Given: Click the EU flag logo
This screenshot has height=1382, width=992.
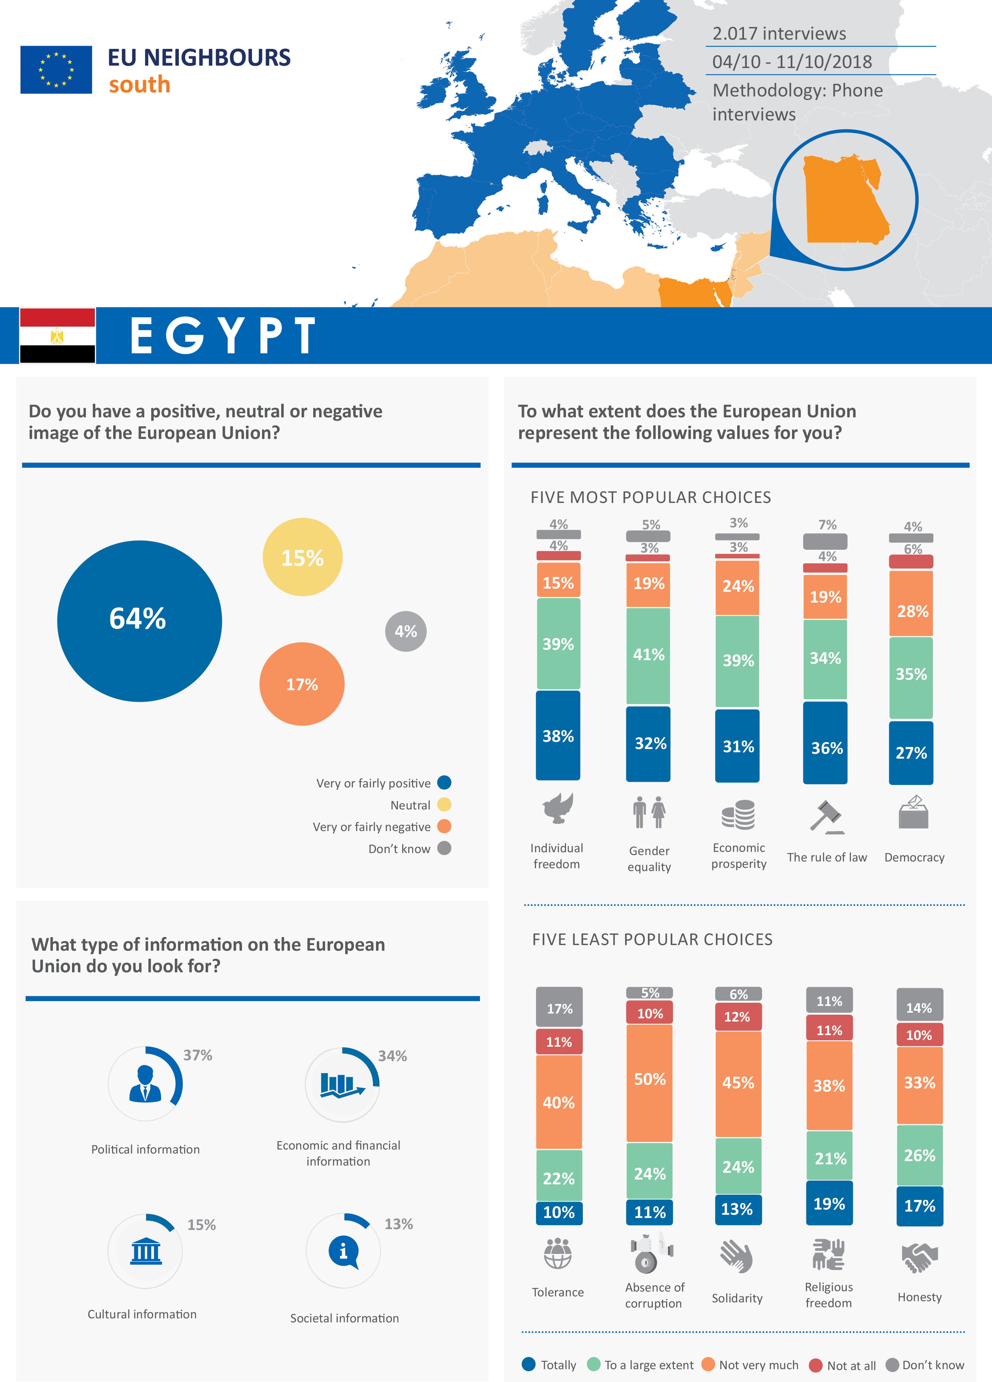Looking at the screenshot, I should tap(56, 70).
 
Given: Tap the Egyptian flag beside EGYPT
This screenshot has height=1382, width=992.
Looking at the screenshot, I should tap(57, 336).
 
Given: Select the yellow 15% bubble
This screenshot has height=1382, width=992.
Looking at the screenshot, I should tap(302, 557).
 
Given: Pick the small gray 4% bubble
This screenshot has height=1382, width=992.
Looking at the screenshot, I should tap(406, 631).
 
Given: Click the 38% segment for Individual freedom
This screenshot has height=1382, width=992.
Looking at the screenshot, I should tap(558, 735).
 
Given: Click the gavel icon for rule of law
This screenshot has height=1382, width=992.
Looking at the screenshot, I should tap(827, 817).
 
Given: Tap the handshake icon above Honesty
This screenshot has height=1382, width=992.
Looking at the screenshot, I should tap(920, 1257).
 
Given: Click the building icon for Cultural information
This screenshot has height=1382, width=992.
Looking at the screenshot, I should tap(146, 1251).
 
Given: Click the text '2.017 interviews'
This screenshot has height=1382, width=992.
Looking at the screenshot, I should tap(779, 34).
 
